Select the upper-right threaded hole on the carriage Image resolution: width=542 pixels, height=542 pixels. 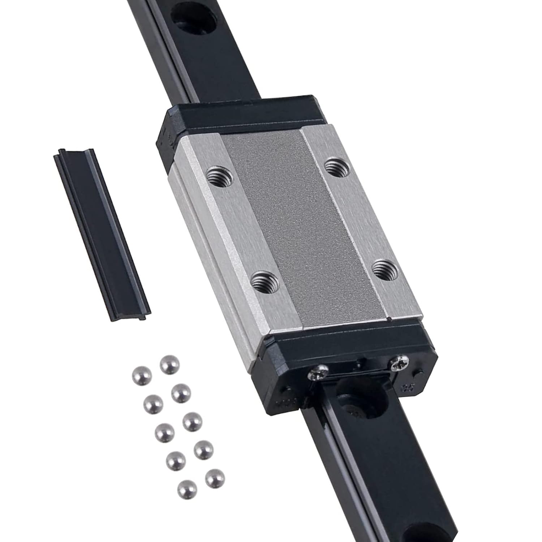(337, 167)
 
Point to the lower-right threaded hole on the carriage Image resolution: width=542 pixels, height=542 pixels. (385, 268)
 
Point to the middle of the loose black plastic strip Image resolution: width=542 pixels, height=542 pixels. (102, 233)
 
